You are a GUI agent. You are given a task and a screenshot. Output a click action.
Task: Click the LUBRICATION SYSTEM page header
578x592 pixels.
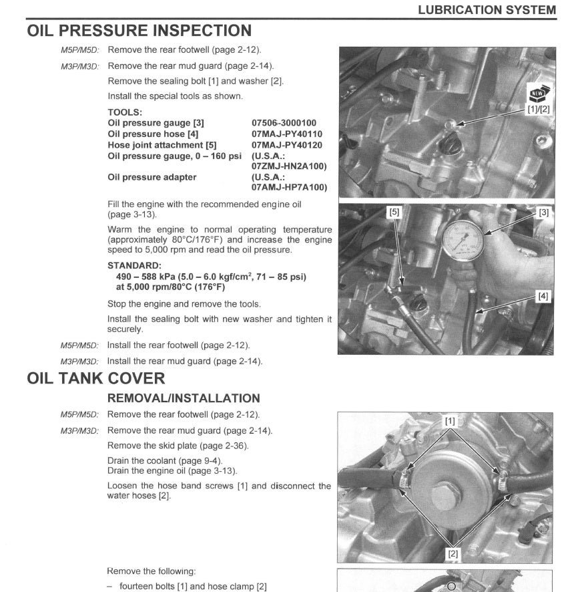487,9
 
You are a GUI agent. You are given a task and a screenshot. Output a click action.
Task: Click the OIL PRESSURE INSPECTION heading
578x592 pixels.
139,31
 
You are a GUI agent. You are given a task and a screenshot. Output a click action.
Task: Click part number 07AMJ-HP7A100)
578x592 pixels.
289,188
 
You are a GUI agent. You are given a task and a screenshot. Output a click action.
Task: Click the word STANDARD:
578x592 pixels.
133,265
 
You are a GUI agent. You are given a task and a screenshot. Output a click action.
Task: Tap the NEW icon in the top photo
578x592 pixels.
537,94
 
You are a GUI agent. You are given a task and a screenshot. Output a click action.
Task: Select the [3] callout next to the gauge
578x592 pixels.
543,212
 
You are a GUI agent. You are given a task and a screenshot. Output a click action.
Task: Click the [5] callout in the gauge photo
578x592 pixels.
394,212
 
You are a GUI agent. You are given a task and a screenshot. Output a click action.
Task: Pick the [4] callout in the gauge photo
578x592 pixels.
543,297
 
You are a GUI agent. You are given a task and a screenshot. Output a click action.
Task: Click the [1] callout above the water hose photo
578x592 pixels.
450,422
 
